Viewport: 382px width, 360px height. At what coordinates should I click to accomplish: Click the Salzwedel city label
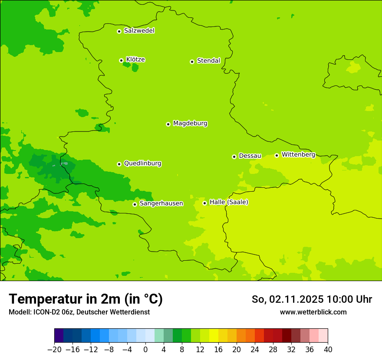click(x=139, y=31)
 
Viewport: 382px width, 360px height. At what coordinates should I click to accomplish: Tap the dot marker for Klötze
click(x=121, y=60)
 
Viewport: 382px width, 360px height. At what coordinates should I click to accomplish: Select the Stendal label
click(x=208, y=61)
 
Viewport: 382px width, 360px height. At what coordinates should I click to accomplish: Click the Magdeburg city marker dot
click(x=168, y=124)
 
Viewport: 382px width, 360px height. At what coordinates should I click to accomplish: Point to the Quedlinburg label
click(x=142, y=164)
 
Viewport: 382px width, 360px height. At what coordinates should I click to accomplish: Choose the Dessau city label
click(x=250, y=156)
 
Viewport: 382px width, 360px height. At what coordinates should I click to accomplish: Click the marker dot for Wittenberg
click(x=277, y=155)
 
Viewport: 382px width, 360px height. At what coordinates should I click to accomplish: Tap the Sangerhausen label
click(x=161, y=203)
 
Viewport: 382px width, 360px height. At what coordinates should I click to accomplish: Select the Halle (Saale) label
click(x=229, y=202)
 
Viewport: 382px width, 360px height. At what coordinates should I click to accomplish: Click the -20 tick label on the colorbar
click(x=54, y=349)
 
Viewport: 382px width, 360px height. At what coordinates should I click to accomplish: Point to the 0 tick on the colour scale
click(x=145, y=349)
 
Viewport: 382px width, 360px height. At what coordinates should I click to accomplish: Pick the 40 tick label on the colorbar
click(x=328, y=349)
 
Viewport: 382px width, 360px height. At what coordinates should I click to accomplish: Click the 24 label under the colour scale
click(x=255, y=349)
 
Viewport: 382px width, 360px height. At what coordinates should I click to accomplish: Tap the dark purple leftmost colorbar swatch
click(x=59, y=335)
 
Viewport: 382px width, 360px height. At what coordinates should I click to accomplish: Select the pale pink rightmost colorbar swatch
click(x=323, y=335)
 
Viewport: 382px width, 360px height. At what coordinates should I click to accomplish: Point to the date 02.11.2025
click(x=296, y=299)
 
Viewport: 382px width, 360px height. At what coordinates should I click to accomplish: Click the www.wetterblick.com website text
click(x=313, y=312)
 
